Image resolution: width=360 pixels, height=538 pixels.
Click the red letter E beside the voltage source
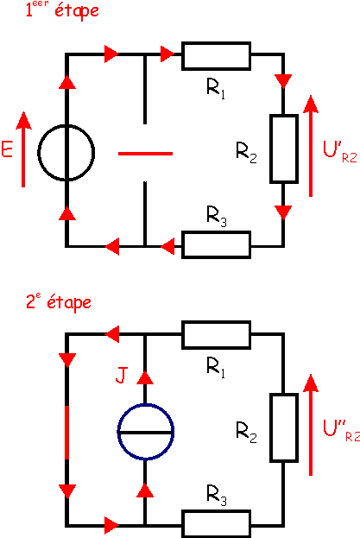click(7, 149)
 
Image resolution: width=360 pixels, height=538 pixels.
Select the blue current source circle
click(117, 432)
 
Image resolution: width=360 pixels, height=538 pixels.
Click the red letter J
click(122, 375)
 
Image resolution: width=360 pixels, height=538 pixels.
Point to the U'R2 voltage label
click(340, 151)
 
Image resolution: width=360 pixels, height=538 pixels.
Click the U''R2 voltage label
click(341, 430)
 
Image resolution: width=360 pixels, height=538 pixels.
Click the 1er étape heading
click(62, 9)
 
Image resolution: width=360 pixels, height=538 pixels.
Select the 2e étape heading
click(59, 302)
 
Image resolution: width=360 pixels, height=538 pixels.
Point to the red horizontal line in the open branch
click(145, 154)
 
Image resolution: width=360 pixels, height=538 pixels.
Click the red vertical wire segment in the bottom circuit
click(66, 433)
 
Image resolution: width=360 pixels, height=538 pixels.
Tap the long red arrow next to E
click(23, 149)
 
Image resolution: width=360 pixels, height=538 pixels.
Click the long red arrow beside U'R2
click(311, 146)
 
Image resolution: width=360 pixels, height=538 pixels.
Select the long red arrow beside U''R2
click(311, 425)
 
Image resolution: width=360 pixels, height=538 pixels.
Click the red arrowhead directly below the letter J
click(145, 377)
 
